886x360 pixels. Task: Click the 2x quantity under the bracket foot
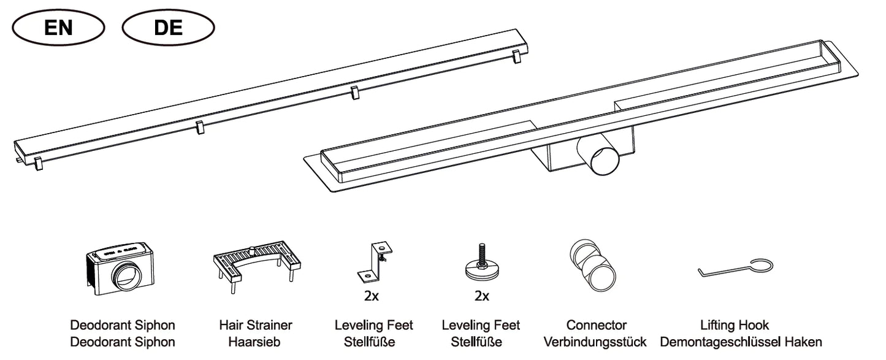click(372, 297)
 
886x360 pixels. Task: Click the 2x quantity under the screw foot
click(481, 297)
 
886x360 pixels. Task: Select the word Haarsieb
click(255, 342)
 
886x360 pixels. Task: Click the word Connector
click(596, 325)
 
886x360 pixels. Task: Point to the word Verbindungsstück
click(595, 342)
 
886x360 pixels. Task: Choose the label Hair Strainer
click(255, 325)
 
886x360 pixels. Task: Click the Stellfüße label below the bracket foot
click(373, 342)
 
